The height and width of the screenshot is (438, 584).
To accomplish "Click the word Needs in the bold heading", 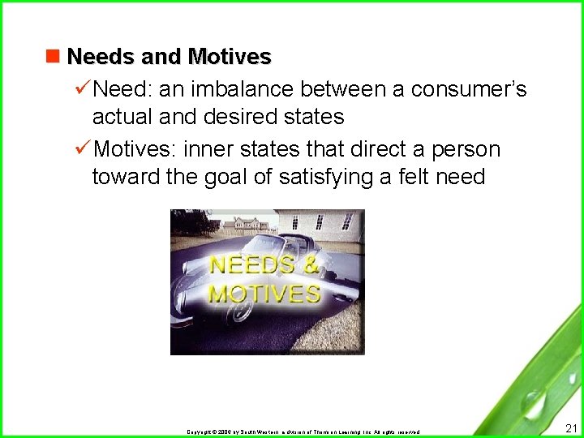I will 90,58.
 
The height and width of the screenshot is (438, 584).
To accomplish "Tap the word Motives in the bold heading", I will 230,58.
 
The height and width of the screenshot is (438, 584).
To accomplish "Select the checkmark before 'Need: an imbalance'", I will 82,88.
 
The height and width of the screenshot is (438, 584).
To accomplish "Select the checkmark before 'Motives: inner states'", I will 82,148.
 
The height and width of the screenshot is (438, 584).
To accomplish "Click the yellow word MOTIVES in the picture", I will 264,293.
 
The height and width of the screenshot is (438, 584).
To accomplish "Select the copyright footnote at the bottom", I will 303,432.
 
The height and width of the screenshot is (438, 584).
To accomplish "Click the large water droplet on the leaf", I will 534,403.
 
